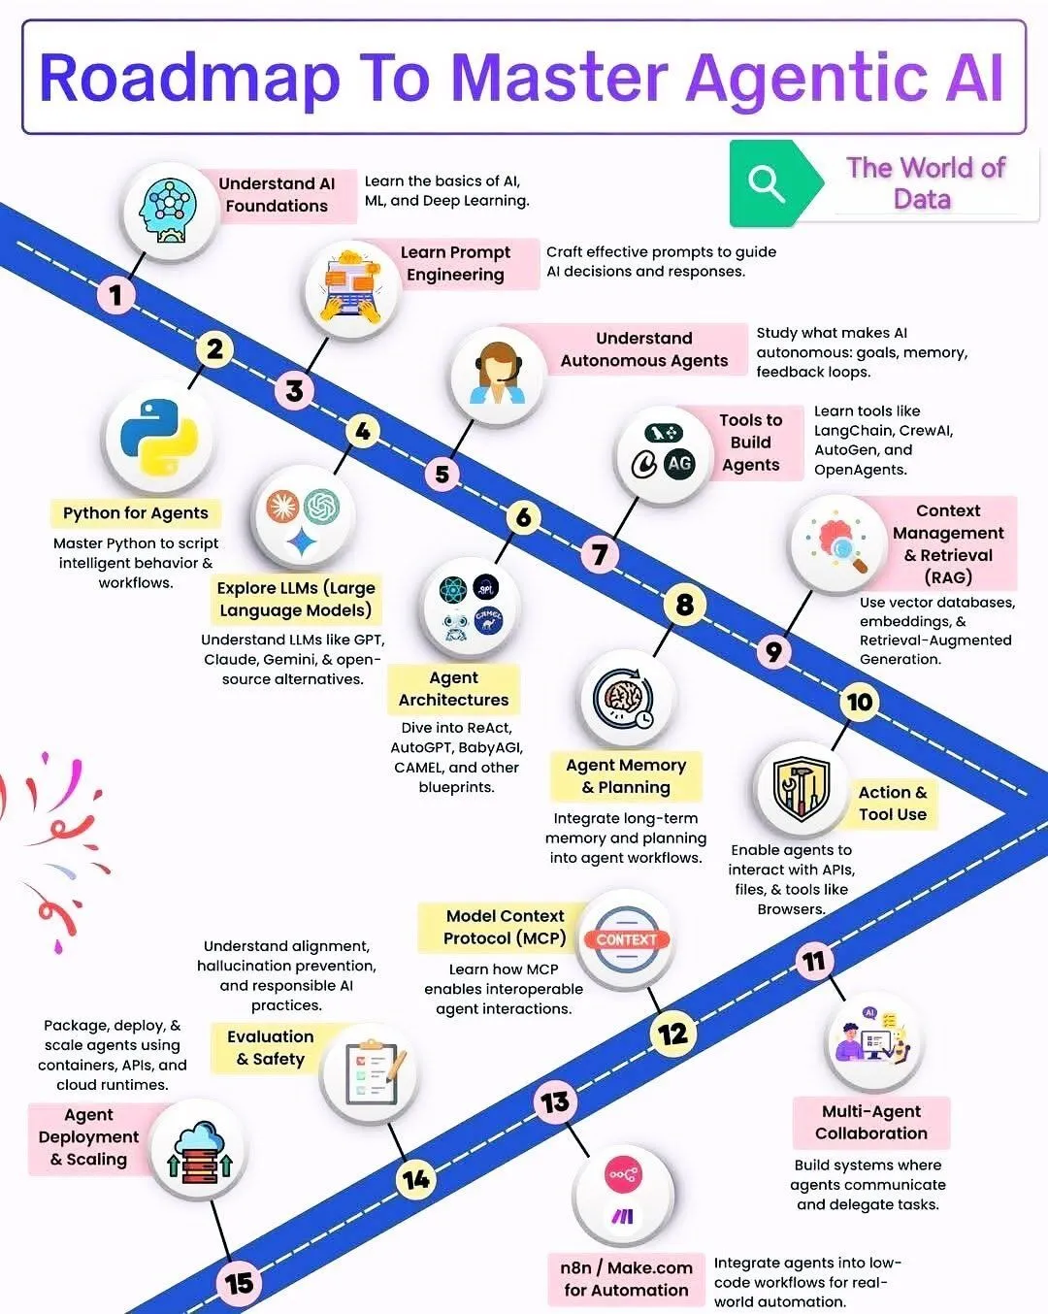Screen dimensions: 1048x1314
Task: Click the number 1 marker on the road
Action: click(x=116, y=296)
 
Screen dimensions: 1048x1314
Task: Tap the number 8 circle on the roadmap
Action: click(x=685, y=605)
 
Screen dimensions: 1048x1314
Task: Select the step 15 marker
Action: click(x=239, y=1284)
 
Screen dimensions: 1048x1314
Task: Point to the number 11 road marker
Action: click(x=814, y=962)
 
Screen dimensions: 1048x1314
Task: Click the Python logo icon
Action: click(x=159, y=437)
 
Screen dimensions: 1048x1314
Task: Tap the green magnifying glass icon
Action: click(x=767, y=183)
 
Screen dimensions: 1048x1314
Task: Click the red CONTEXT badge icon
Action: click(x=626, y=939)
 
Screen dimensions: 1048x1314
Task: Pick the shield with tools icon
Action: click(x=802, y=788)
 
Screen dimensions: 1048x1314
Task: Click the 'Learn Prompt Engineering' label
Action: click(x=455, y=263)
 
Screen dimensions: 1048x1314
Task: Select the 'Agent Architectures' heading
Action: click(x=454, y=689)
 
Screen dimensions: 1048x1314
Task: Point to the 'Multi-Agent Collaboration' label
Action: click(x=870, y=1122)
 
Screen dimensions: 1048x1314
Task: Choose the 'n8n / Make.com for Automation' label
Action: click(x=626, y=1279)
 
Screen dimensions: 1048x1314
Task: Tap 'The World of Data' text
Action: click(x=925, y=183)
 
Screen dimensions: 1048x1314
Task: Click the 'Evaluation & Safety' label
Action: click(x=270, y=1048)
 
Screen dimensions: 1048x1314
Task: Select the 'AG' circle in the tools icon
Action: click(x=679, y=464)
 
